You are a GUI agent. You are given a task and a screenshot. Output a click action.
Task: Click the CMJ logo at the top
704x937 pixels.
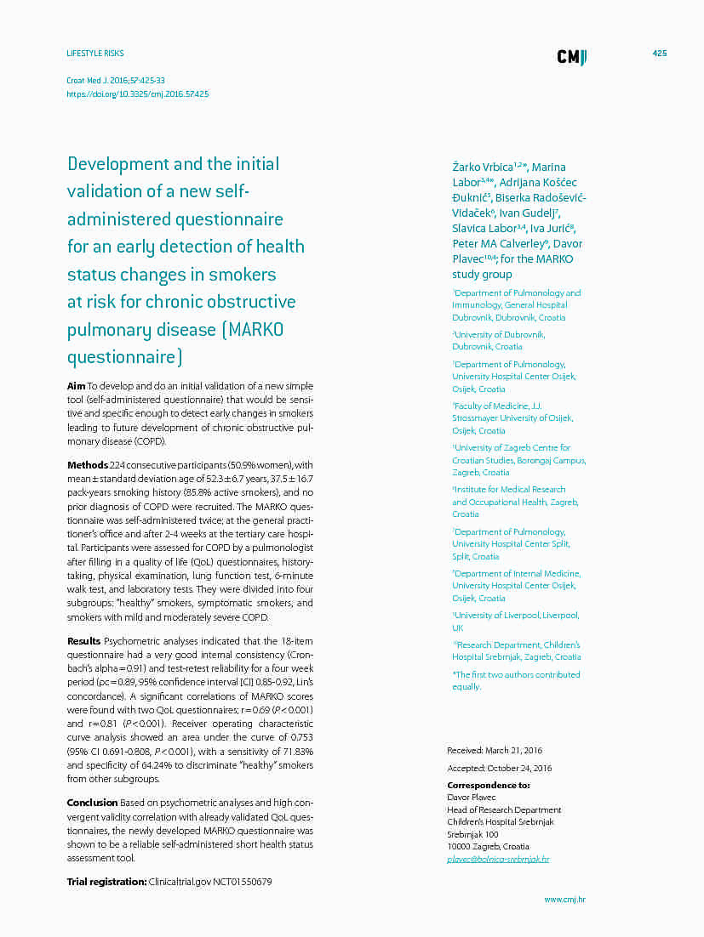click(x=571, y=57)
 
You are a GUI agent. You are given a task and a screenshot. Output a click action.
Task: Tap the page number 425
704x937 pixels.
click(x=659, y=54)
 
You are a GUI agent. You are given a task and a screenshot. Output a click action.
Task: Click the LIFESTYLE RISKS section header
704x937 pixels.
click(x=94, y=54)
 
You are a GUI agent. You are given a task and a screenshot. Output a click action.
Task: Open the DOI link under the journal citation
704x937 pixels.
click(x=137, y=94)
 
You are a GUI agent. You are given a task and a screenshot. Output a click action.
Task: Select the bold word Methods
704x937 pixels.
click(x=88, y=465)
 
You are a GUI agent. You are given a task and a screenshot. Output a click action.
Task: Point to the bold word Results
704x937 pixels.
click(x=84, y=641)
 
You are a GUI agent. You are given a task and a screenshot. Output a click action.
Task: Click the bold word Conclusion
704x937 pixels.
click(x=92, y=803)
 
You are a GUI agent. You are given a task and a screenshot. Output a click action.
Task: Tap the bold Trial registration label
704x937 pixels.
click(x=106, y=882)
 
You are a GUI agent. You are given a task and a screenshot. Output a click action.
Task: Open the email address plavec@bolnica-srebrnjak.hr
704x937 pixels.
click(x=498, y=860)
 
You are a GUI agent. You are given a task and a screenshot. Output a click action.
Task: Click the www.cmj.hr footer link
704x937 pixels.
click(x=564, y=899)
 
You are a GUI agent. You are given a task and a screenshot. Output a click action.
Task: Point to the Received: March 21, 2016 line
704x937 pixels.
click(x=494, y=751)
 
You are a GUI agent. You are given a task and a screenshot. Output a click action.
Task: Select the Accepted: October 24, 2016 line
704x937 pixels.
click(x=499, y=769)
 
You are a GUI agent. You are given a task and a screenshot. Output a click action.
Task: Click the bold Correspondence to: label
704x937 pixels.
click(x=488, y=785)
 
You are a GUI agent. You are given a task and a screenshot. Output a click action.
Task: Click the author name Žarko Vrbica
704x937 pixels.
click(x=483, y=168)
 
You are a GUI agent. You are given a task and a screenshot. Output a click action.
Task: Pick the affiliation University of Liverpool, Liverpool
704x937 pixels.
click(x=516, y=616)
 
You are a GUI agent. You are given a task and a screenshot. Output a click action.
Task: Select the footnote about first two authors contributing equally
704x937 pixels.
click(x=516, y=680)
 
